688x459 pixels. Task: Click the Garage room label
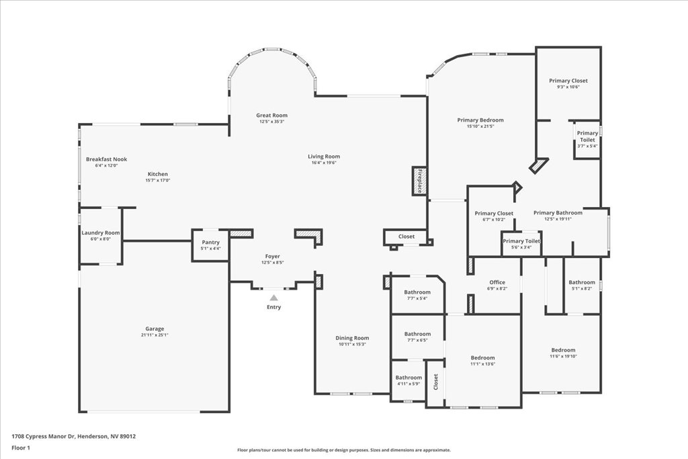point(155,329)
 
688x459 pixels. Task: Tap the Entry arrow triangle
point(273,298)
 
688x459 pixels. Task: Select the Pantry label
point(210,242)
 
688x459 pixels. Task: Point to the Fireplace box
point(419,181)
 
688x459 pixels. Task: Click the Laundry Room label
point(101,233)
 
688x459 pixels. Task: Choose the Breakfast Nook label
point(106,159)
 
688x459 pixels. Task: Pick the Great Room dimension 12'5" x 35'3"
point(272,122)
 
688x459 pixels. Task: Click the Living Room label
point(324,156)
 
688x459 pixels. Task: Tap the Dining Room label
point(352,338)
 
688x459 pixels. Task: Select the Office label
point(497,282)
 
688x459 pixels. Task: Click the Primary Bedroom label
point(480,120)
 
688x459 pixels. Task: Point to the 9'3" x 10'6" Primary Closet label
point(568,81)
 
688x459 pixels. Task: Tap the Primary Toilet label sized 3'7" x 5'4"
point(587,136)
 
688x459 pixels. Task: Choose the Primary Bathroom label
point(558,213)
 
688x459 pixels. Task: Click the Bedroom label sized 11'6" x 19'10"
point(564,350)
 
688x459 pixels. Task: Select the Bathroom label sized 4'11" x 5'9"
point(408,378)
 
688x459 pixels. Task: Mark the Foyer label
point(273,256)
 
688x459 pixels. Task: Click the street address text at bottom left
point(74,436)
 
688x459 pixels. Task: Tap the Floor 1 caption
point(21,448)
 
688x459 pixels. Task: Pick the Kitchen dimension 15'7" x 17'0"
point(158,180)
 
